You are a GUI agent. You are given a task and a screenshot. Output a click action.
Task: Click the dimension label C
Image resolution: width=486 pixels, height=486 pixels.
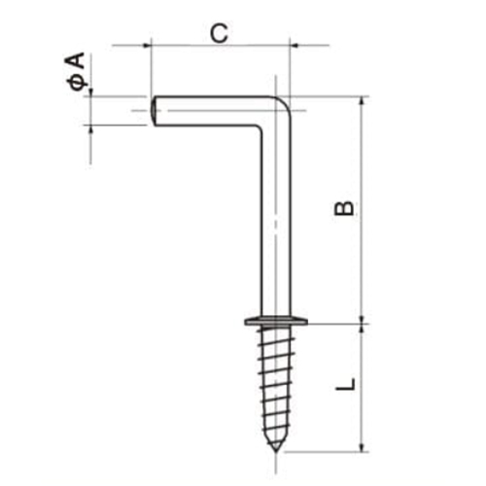[220, 32]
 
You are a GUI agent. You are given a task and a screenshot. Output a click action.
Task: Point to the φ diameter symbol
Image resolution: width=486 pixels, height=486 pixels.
[77, 86]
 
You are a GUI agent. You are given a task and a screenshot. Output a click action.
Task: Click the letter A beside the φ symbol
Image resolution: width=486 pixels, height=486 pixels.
[77, 66]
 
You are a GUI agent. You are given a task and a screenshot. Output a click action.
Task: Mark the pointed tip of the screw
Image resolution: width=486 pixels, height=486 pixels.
[277, 448]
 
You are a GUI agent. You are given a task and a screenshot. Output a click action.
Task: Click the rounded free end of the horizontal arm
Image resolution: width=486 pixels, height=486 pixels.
[156, 110]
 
